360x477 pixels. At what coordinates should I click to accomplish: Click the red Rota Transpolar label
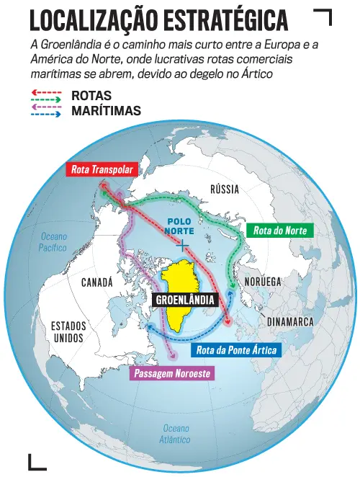[102, 171]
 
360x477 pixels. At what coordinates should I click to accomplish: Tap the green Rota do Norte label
[280, 231]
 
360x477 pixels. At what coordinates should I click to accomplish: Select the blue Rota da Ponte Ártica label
[235, 351]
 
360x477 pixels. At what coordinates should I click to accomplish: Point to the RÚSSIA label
[225, 189]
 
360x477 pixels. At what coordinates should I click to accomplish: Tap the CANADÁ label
[97, 282]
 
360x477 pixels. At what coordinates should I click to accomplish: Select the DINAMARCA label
[290, 322]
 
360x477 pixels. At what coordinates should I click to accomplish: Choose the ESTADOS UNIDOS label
[68, 332]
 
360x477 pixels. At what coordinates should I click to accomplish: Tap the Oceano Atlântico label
[176, 433]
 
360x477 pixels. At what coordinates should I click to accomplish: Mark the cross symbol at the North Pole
[184, 246]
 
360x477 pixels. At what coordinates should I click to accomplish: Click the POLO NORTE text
[184, 226]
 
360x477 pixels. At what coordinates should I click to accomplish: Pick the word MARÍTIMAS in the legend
[106, 111]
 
